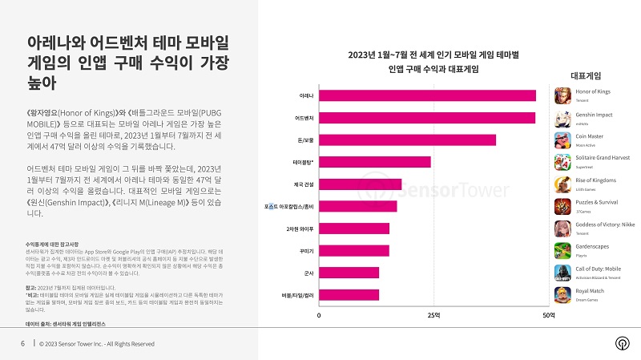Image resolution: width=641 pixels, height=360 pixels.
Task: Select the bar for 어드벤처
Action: (x=427, y=118)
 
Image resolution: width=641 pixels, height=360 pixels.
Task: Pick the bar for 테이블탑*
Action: (x=375, y=162)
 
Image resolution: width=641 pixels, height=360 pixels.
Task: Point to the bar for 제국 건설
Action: (x=361, y=184)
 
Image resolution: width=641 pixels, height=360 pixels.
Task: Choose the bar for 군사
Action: (x=349, y=273)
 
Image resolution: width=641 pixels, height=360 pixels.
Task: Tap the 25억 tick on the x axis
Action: (x=433, y=315)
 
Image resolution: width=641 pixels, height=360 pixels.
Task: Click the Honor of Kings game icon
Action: (x=562, y=96)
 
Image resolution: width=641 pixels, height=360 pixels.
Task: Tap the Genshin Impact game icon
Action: (x=562, y=119)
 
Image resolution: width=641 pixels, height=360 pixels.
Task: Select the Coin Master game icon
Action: (x=562, y=140)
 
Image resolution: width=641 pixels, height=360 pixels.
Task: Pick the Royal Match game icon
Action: (x=562, y=294)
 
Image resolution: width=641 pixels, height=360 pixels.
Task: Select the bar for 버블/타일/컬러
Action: (x=349, y=294)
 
